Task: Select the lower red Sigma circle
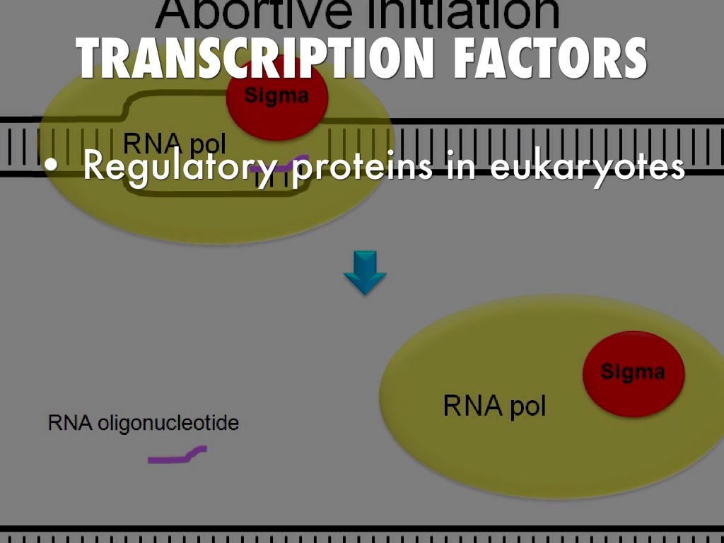pyautogui.click(x=633, y=373)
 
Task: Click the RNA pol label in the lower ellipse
pyautogui.click(x=494, y=406)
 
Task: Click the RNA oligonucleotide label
pyautogui.click(x=144, y=424)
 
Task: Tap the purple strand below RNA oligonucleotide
pyautogui.click(x=177, y=454)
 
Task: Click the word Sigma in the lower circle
pyautogui.click(x=633, y=371)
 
